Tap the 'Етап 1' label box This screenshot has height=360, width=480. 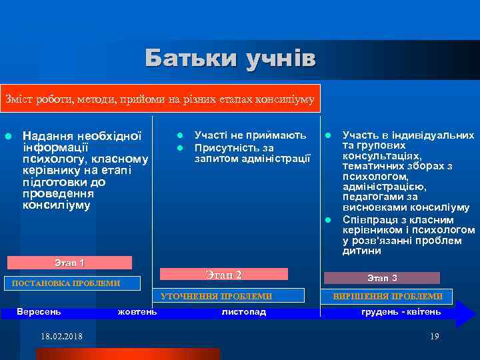click(69, 263)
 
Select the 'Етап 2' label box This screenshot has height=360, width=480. click(224, 274)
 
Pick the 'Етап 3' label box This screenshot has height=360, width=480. click(382, 278)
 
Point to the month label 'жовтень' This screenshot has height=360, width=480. click(137, 311)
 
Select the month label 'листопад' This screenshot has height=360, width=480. click(243, 311)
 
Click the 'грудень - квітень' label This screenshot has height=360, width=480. click(401, 311)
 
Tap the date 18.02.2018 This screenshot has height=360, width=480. click(61, 336)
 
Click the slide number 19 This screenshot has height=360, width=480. click(435, 336)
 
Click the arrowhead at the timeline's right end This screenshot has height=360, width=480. click(465, 314)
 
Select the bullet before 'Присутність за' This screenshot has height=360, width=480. click(179, 147)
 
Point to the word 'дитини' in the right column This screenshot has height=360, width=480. click(362, 251)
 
